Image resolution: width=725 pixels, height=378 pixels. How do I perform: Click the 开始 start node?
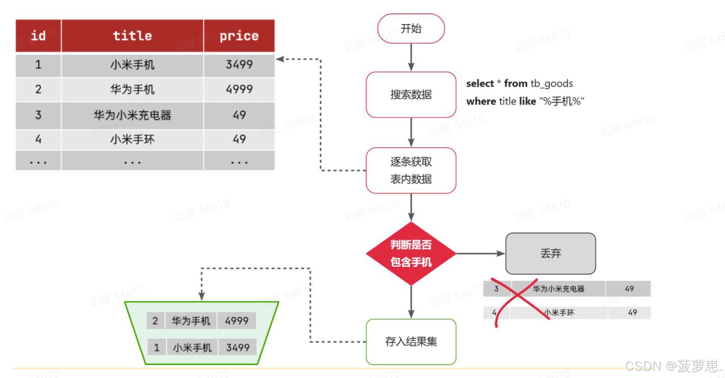point(411,29)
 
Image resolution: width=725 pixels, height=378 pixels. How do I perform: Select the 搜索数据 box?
point(411,95)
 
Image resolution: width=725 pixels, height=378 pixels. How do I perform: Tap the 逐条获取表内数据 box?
point(411,170)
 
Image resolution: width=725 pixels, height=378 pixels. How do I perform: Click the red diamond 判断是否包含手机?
point(411,254)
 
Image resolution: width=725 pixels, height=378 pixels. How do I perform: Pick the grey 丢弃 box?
point(551,254)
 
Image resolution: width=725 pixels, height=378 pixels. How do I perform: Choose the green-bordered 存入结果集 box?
point(411,342)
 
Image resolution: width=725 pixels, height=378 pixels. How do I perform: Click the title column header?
point(132,36)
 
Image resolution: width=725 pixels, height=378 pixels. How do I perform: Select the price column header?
point(239,36)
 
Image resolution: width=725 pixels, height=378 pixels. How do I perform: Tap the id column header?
point(38,36)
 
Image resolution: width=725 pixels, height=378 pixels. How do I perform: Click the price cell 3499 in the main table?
point(239,65)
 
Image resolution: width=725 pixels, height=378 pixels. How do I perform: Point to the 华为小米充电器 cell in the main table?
point(132,115)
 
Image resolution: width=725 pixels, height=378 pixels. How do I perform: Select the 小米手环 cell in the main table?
point(132,140)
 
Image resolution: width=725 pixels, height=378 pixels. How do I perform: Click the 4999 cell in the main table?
point(239,90)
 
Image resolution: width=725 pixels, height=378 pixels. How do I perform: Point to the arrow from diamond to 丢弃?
point(480,254)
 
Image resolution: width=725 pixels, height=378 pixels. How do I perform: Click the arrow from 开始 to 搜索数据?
point(411,57)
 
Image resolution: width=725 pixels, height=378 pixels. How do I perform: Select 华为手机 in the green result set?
point(191,321)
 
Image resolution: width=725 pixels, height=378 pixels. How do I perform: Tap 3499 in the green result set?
point(237,347)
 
